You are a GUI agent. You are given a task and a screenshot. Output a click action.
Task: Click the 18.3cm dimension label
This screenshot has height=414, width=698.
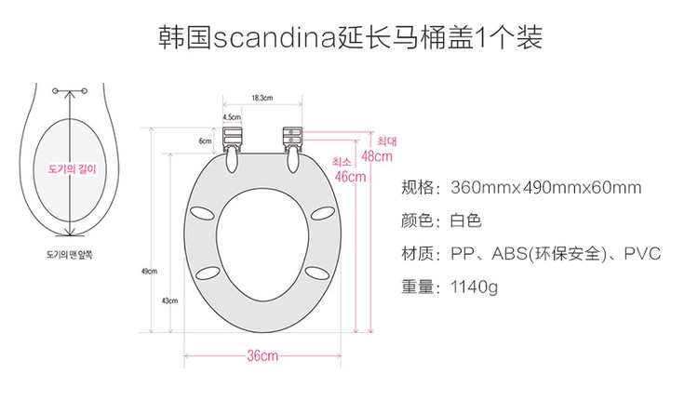pos(262,98)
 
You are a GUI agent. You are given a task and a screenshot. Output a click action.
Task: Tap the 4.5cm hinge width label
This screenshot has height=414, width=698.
pos(231,118)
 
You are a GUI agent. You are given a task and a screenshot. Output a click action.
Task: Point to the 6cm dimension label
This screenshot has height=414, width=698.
pos(205,140)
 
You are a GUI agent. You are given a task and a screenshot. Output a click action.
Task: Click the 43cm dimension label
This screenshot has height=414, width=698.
pos(168,300)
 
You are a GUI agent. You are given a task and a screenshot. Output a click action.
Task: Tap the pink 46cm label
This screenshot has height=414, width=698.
pos(350,177)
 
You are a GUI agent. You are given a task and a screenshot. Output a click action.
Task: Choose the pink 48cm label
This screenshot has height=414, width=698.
pos(377,156)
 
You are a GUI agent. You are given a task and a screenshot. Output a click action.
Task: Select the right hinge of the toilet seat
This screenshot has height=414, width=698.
pos(293,139)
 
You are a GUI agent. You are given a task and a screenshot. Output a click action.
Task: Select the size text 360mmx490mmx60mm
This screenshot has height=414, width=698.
pos(545,188)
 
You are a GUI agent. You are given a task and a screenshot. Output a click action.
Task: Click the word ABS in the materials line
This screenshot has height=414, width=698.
pos(508,254)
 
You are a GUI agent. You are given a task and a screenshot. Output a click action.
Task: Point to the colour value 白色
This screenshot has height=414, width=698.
pos(465,221)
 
